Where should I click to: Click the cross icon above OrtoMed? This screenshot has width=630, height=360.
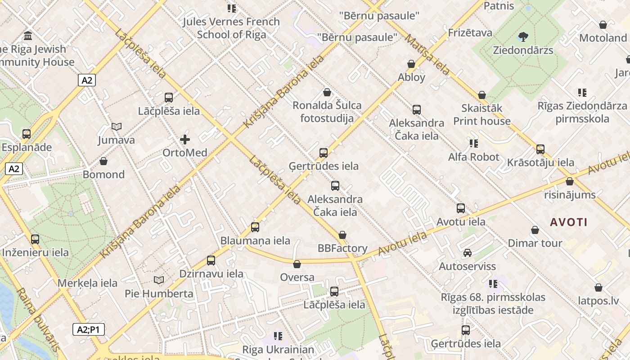(x=184, y=139)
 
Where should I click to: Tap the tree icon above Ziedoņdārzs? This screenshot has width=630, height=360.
(x=523, y=36)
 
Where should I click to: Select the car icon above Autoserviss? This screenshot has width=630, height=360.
(x=468, y=253)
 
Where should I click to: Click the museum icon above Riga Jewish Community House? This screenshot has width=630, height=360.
(x=28, y=36)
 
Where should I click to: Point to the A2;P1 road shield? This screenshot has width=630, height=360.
(x=89, y=329)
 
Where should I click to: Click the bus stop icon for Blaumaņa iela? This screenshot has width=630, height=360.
(x=255, y=227)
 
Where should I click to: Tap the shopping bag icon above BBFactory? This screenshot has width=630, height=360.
(x=342, y=235)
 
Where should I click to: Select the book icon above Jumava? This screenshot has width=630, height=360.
(x=117, y=127)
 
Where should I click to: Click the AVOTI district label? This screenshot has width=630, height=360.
(x=568, y=222)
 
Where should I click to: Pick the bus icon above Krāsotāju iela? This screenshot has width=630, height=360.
(x=540, y=149)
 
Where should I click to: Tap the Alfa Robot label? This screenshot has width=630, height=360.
(x=473, y=157)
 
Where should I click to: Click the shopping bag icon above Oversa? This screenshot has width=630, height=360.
(x=297, y=264)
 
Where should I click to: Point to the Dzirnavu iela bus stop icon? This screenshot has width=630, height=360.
(x=211, y=260)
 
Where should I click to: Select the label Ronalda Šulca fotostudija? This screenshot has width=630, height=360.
(x=327, y=112)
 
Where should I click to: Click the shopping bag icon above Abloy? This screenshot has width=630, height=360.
(x=411, y=64)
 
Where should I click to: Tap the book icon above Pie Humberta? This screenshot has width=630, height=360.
(x=158, y=280)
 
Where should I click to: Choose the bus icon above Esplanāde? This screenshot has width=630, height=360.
(x=27, y=134)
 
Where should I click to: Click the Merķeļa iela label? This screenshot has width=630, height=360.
(x=87, y=283)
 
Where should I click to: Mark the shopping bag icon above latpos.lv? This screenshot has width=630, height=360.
(x=598, y=288)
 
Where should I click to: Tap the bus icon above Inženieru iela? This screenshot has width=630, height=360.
(x=35, y=239)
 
